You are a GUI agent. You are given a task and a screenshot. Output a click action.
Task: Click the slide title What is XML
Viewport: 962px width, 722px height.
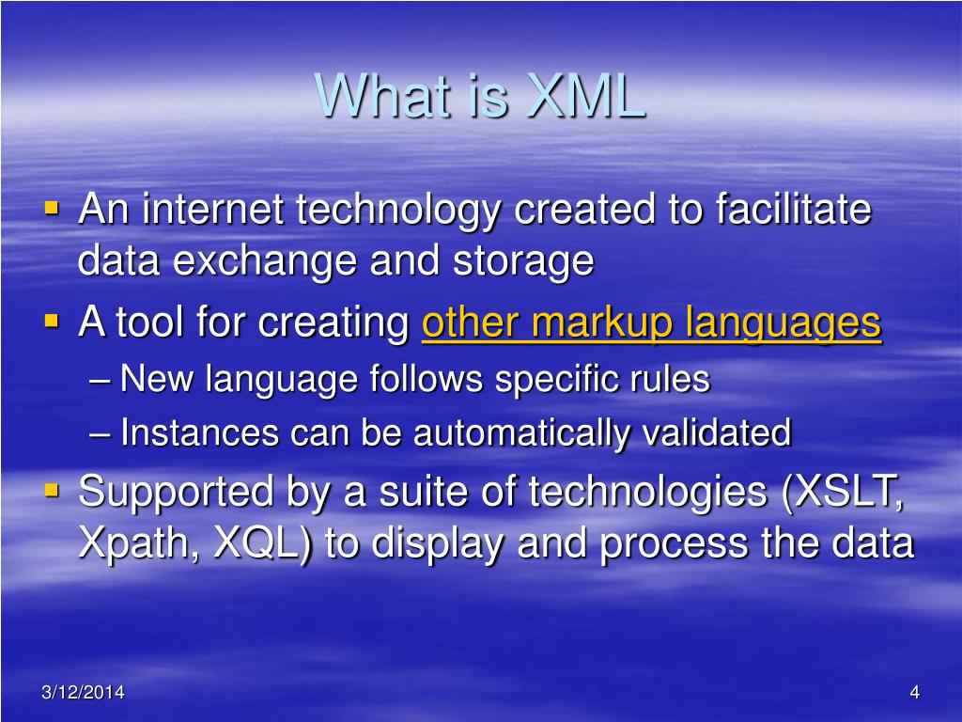click(x=480, y=95)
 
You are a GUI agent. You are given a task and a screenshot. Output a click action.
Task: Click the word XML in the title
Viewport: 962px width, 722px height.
click(x=586, y=95)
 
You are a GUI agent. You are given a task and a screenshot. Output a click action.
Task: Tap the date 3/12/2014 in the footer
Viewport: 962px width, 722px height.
click(x=83, y=693)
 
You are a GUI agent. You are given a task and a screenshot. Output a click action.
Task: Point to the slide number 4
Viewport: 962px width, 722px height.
click(x=913, y=693)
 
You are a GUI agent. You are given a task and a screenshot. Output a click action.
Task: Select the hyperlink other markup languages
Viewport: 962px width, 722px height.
click(x=651, y=323)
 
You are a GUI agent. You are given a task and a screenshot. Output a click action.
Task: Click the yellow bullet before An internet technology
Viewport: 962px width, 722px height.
click(x=52, y=206)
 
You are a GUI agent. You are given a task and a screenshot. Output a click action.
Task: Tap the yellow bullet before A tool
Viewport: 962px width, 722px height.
click(x=52, y=322)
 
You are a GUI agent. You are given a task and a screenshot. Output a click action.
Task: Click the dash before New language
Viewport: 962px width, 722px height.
click(x=104, y=381)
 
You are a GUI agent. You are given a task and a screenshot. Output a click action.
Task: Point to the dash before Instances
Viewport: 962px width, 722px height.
click(x=104, y=434)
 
